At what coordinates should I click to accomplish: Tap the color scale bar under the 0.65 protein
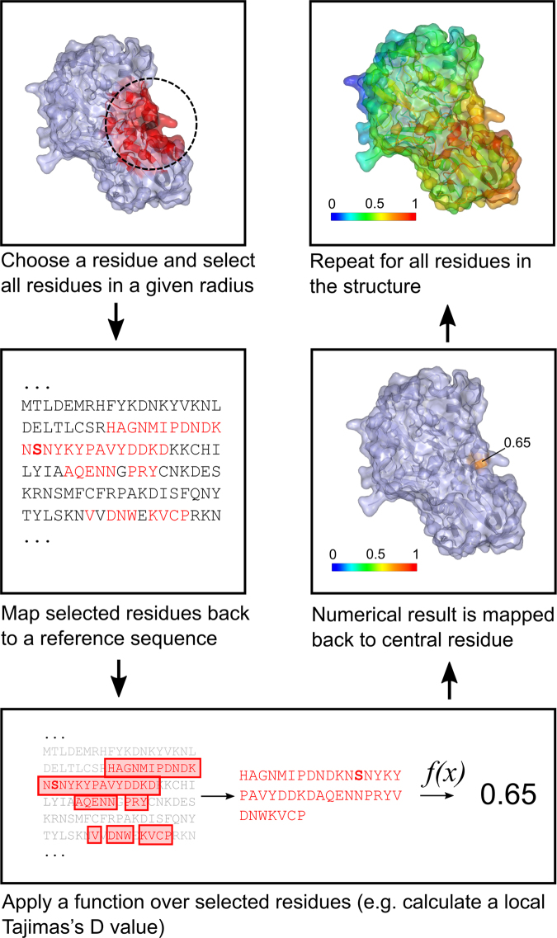[x=372, y=568]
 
